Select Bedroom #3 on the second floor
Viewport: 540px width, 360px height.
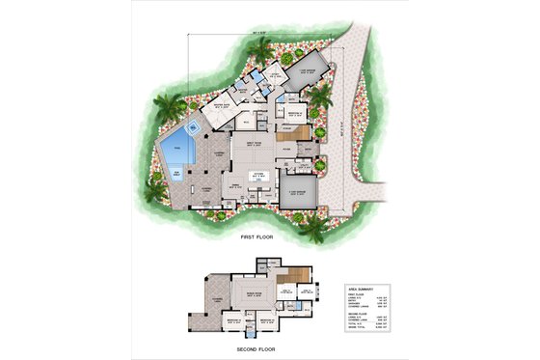point(226,318)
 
